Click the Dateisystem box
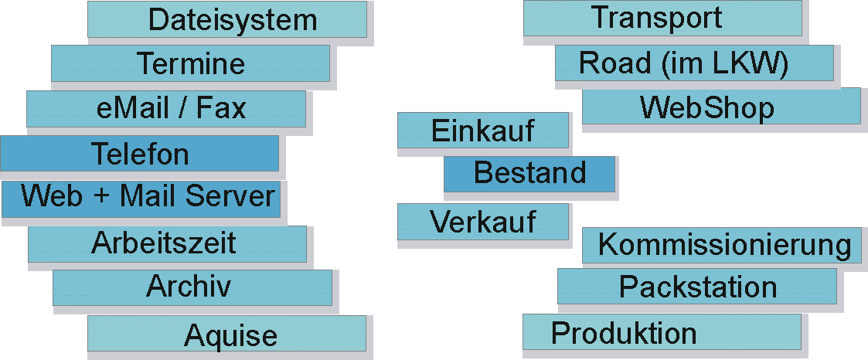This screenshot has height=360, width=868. [x=226, y=19]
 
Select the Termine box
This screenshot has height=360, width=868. [x=190, y=63]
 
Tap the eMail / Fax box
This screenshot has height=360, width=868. [x=165, y=109]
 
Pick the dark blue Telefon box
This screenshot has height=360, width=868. [x=139, y=154]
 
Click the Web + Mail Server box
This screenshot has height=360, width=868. [x=141, y=198]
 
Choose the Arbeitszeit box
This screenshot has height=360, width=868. [x=167, y=243]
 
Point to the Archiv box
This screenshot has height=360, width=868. [x=192, y=287]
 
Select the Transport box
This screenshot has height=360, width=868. [x=662, y=19]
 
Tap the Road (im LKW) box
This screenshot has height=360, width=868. [x=693, y=63]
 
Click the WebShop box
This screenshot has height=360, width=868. [x=720, y=107]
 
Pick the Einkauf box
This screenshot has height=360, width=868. [x=483, y=130]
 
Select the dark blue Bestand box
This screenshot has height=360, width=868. [x=529, y=173]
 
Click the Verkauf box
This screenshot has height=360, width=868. [x=483, y=222]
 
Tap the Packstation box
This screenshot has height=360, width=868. [x=696, y=287]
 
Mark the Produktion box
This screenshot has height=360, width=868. [x=662, y=332]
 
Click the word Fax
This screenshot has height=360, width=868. [x=220, y=109]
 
